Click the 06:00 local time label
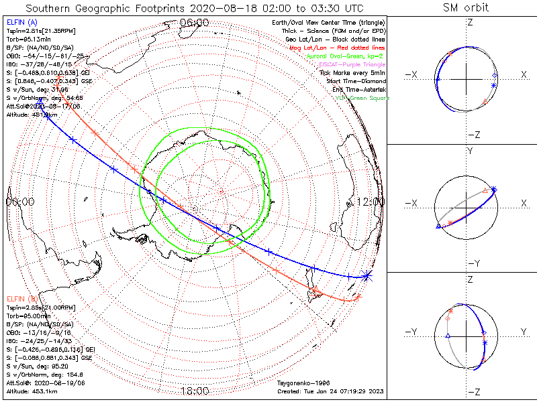pos(195,22)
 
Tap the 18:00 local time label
pos(195,391)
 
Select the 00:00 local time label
pos(20,202)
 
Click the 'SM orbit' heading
pos(466,8)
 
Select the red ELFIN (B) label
pos(19,298)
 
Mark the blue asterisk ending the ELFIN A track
pos(366,275)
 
